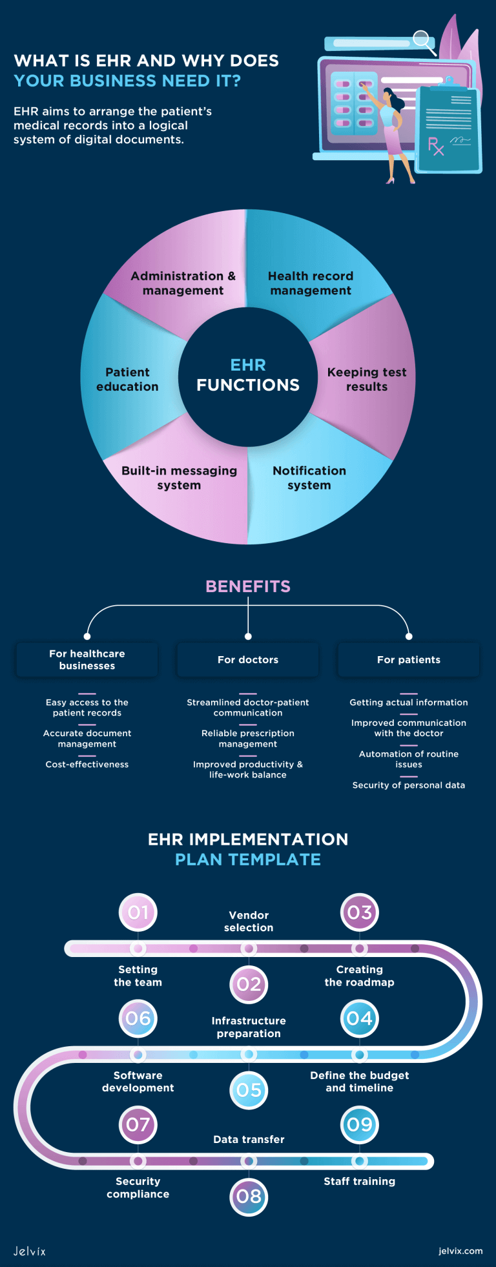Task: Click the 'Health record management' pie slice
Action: coord(311,283)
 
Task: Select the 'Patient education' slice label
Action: coord(127,379)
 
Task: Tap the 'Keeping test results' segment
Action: coord(367,379)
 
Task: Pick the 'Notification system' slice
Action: coord(309,478)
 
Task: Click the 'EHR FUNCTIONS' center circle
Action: coord(248,376)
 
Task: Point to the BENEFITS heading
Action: coord(248,586)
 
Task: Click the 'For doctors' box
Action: coord(248,659)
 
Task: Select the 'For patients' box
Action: coord(409,659)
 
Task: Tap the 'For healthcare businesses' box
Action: coord(87,659)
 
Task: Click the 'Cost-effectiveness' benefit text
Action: coord(87,765)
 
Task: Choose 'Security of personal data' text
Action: coord(409,785)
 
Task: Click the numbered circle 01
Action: coord(138,912)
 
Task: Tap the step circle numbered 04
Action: coord(360,1018)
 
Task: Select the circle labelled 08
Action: coord(249,1197)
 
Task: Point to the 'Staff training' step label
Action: coord(360,1181)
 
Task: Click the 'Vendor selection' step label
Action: coord(249,922)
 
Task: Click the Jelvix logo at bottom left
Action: coord(30,1251)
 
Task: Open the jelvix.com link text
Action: coord(460,1251)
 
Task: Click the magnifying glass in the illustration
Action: coord(423,40)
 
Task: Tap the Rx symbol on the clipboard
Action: coord(436,146)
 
